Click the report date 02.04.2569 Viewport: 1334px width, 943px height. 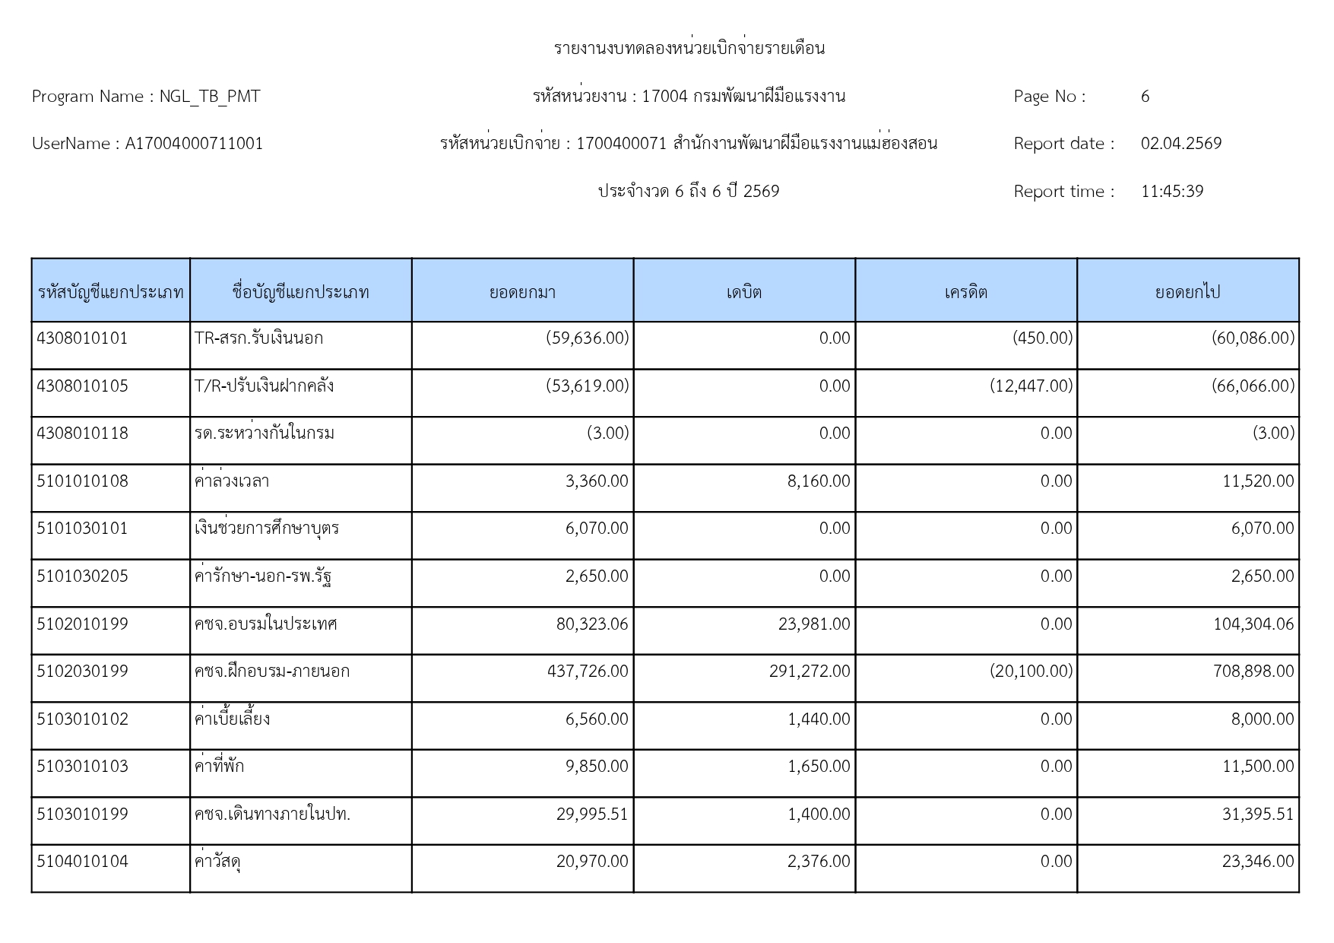1180,144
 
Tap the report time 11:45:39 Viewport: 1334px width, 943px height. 1171,192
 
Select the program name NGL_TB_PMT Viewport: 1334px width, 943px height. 209,97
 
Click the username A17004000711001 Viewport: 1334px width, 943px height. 194,144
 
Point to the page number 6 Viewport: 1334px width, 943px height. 1145,97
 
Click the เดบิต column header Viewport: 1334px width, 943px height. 743,292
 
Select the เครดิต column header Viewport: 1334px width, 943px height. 965,292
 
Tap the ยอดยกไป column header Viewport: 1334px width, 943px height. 1187,292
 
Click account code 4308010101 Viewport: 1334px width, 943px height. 82,338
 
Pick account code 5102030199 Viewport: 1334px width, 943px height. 82,672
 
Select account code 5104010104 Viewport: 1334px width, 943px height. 82,862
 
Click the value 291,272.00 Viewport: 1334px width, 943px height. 809,672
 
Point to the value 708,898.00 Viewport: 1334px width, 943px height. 1253,672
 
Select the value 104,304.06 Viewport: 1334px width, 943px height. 1253,624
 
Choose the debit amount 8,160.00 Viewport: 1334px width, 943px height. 818,481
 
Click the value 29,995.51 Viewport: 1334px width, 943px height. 592,814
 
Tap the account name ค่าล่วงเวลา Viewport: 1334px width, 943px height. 232,481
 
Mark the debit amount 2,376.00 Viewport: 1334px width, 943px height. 818,862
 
